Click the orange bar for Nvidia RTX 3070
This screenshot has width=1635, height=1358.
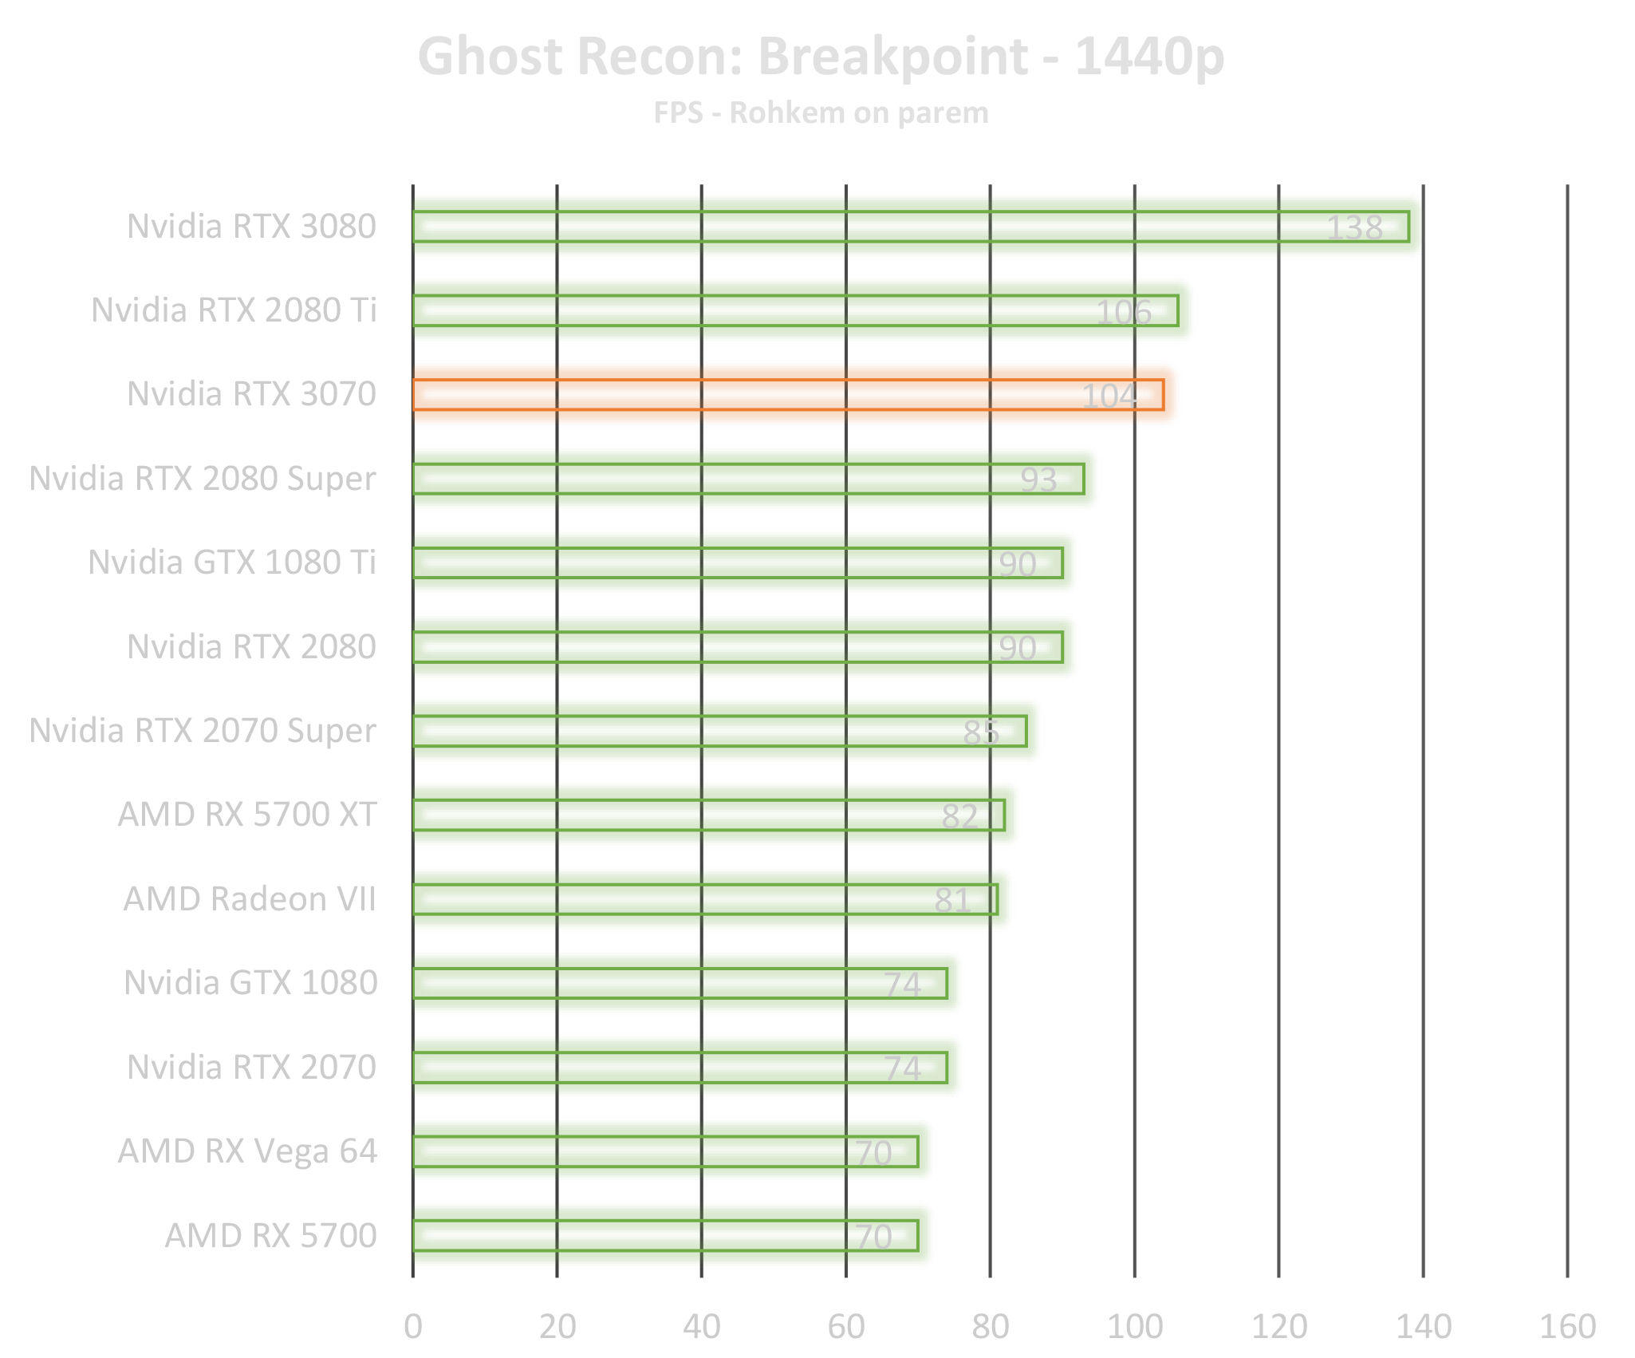click(x=796, y=394)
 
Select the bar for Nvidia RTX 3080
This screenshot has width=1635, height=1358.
click(x=917, y=227)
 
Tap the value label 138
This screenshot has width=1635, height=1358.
click(x=1353, y=228)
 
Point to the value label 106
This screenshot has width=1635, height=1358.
click(x=1123, y=312)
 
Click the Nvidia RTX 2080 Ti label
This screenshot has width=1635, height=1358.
click(x=234, y=310)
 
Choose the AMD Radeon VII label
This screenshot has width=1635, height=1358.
click(x=249, y=899)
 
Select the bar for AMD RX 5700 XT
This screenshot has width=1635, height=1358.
click(x=716, y=815)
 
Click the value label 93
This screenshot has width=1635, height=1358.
click(x=1038, y=480)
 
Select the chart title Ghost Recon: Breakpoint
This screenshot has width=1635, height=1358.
click(x=820, y=57)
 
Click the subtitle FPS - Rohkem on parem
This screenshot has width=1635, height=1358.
click(x=821, y=113)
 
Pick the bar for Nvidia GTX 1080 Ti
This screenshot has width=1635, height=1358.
click(x=745, y=563)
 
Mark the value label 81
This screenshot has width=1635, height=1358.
click(x=951, y=900)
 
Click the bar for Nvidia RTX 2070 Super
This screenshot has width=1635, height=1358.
click(x=727, y=731)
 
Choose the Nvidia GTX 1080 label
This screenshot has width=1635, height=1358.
click(x=250, y=983)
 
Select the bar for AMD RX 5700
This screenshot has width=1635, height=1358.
click(x=673, y=1235)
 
